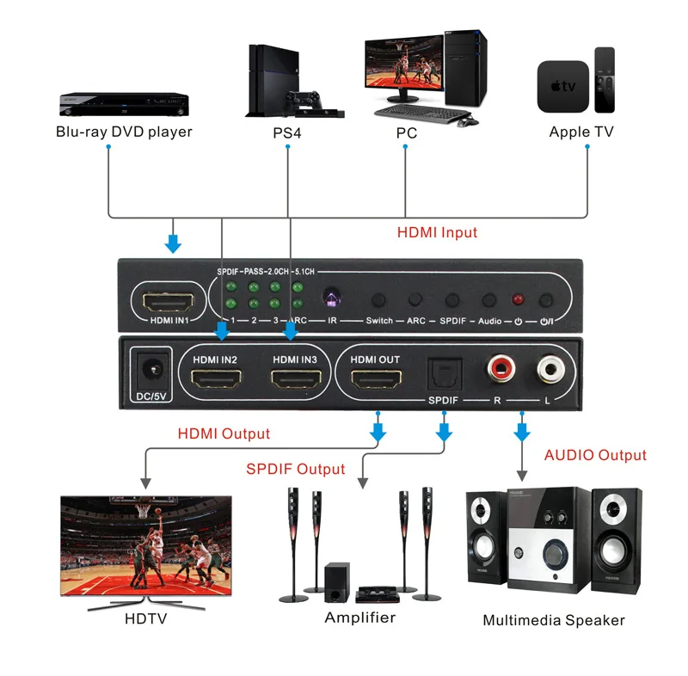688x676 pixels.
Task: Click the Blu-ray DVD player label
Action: (x=124, y=132)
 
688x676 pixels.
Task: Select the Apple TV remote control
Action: (x=605, y=79)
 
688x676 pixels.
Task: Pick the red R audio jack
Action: (x=500, y=372)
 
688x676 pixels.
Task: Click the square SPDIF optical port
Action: (x=445, y=373)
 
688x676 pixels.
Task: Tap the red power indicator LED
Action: (x=518, y=300)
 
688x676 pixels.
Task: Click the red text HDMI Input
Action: (x=437, y=232)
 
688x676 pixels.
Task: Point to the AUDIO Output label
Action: (x=595, y=455)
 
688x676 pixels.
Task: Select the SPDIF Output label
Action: (x=295, y=469)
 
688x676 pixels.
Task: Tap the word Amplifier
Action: (x=359, y=618)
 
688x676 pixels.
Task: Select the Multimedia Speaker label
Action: (x=553, y=620)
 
